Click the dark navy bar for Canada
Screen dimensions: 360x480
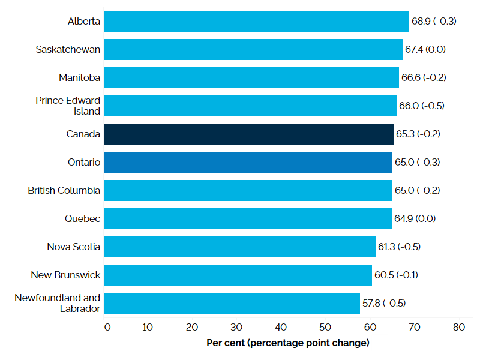(248, 134)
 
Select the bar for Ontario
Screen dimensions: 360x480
(248, 162)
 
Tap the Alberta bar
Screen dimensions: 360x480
(256, 21)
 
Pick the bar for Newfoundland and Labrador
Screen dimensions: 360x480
(232, 303)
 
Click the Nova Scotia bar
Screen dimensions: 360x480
(239, 247)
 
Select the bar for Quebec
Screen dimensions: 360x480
(247, 218)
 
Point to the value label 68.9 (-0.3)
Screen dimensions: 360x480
(434, 21)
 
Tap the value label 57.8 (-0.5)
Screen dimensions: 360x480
(384, 303)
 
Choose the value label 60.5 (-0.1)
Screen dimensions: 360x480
(395, 275)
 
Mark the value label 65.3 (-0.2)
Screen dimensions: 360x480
(418, 134)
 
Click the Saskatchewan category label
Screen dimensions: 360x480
(68, 49)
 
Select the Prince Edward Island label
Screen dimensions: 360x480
(68, 106)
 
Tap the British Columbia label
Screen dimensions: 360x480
(64, 190)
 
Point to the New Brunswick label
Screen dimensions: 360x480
(66, 275)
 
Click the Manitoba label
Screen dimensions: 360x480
(79, 77)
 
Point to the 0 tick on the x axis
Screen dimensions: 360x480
(107, 327)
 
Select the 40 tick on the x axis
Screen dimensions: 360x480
(281, 327)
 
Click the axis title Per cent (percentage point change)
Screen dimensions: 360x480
(287, 343)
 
